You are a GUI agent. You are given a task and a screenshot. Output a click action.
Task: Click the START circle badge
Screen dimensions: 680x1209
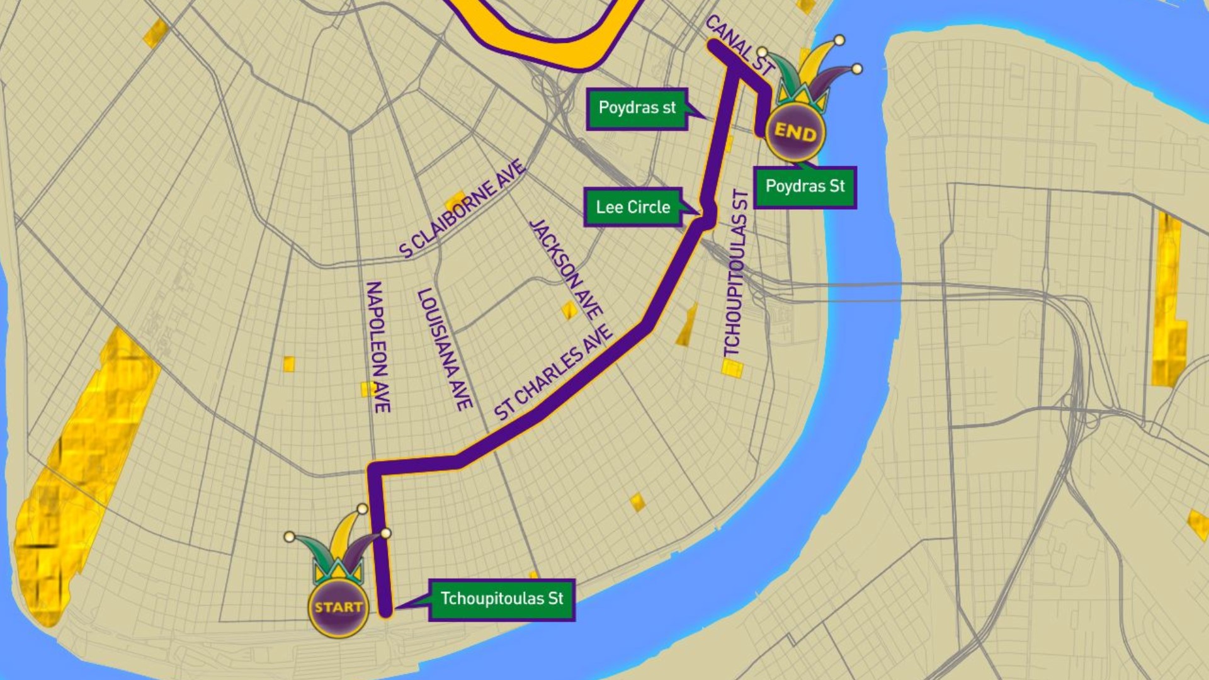(x=338, y=607)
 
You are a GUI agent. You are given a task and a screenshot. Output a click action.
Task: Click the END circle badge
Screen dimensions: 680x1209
(x=795, y=132)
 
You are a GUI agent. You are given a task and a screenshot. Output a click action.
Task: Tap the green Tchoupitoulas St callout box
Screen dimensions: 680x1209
(x=502, y=599)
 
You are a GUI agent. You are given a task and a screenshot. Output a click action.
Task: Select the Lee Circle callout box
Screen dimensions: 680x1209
(x=633, y=207)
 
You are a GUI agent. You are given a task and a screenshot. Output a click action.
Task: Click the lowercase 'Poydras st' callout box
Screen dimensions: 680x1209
(x=637, y=108)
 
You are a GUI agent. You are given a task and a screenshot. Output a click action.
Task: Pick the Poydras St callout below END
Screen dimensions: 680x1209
(x=805, y=187)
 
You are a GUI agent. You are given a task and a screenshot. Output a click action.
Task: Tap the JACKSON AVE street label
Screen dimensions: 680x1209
(x=565, y=269)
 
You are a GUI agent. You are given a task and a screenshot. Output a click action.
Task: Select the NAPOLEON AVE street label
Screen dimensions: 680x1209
(x=378, y=347)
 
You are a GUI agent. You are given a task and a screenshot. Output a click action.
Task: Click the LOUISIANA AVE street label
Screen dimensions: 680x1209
(x=445, y=349)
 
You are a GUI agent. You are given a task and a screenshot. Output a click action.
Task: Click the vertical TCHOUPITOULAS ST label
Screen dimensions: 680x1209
(x=735, y=274)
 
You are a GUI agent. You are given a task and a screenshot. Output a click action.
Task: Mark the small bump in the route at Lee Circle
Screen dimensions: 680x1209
(x=710, y=214)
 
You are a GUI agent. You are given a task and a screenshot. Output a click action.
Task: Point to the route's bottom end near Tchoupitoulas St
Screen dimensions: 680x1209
(x=386, y=609)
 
